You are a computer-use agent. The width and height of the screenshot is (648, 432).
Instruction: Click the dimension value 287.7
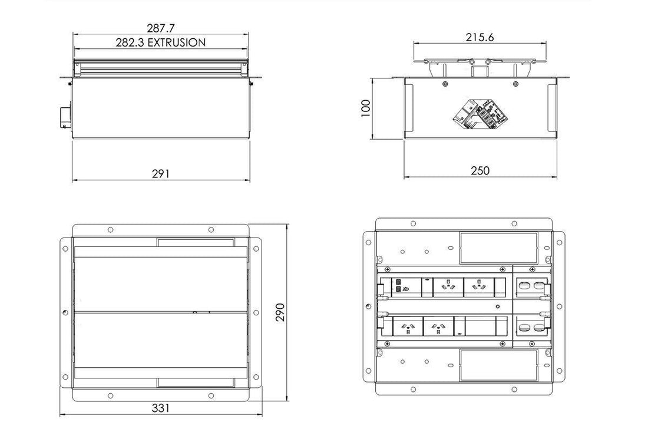[160, 28]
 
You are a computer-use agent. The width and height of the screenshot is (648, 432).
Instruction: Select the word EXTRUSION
[177, 42]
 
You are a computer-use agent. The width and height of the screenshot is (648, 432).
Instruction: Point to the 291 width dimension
[160, 173]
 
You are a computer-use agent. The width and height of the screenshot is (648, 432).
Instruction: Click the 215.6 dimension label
[480, 37]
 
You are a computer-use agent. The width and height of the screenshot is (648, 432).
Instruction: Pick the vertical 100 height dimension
[365, 107]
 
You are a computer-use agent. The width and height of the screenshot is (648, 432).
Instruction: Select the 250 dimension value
[481, 170]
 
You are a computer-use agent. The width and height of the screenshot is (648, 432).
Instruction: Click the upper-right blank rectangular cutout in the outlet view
[498, 247]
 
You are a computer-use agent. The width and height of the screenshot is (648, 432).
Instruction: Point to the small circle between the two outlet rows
[498, 307]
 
